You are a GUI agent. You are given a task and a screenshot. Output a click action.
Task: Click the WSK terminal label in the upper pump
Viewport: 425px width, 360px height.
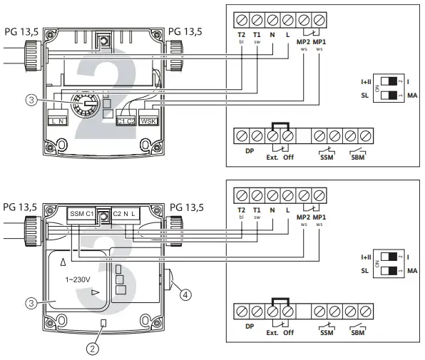pyautogui.click(x=148, y=121)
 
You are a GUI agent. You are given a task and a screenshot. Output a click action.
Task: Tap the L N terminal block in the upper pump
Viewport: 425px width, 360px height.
pyautogui.click(x=58, y=118)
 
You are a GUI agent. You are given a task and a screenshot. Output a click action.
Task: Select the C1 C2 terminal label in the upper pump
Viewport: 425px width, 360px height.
pyautogui.click(x=126, y=121)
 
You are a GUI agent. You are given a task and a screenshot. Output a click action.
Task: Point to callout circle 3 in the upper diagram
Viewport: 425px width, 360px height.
pyautogui.click(x=31, y=100)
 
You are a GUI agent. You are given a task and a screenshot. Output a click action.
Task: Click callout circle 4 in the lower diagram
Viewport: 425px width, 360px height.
pyautogui.click(x=185, y=294)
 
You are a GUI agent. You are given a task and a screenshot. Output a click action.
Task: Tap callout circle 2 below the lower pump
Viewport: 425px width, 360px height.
pyautogui.click(x=93, y=349)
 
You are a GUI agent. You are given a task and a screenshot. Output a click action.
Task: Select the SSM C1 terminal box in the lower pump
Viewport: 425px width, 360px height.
pyautogui.click(x=81, y=215)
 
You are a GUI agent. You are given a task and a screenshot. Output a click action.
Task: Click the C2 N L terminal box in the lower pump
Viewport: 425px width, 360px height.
pyautogui.click(x=126, y=215)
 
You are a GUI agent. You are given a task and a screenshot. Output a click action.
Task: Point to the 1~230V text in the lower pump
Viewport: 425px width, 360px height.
pyautogui.click(x=78, y=279)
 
